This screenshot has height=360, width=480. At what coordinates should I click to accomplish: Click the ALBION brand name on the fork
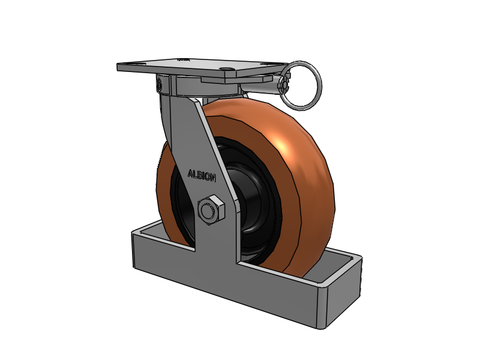(202, 175)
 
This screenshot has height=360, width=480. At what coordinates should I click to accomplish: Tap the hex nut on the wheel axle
(211, 209)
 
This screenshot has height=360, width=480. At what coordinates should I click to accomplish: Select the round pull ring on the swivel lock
(302, 86)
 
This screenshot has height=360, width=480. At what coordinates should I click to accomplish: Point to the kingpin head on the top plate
(226, 70)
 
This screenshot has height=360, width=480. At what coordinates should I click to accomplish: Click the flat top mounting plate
(202, 68)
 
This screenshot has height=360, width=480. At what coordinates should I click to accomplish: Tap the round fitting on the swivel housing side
(158, 84)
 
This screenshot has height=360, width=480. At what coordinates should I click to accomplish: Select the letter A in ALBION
(190, 173)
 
